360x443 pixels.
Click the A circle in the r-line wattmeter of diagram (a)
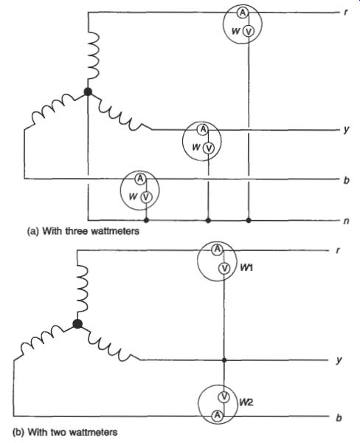pyautogui.click(x=242, y=13)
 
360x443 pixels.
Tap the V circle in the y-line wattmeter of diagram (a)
pyautogui.click(x=208, y=148)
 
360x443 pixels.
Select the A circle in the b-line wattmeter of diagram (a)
pyautogui.click(x=140, y=179)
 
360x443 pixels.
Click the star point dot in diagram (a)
pyautogui.click(x=88, y=92)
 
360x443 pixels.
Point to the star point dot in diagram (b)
pyautogui.click(x=77, y=324)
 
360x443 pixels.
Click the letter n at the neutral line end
pyautogui.click(x=346, y=221)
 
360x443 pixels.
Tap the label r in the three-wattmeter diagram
pyautogui.click(x=345, y=13)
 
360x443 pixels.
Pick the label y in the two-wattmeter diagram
pyautogui.click(x=339, y=360)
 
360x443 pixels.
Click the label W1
pyautogui.click(x=246, y=267)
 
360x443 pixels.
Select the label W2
pyautogui.click(x=246, y=402)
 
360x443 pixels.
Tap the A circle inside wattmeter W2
pyautogui.click(x=217, y=415)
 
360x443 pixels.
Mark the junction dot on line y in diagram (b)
pyautogui.click(x=224, y=360)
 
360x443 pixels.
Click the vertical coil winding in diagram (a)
pyautogui.click(x=94, y=55)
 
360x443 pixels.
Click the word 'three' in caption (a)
pyautogui.click(x=77, y=231)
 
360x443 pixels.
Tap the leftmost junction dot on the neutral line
pyautogui.click(x=146, y=220)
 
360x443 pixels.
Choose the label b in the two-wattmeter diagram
pyautogui.click(x=339, y=418)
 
